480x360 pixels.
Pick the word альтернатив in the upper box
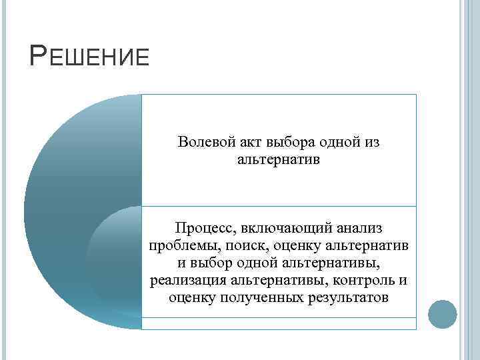[279, 160]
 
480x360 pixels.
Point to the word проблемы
[179, 246]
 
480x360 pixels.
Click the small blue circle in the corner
[441, 313]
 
